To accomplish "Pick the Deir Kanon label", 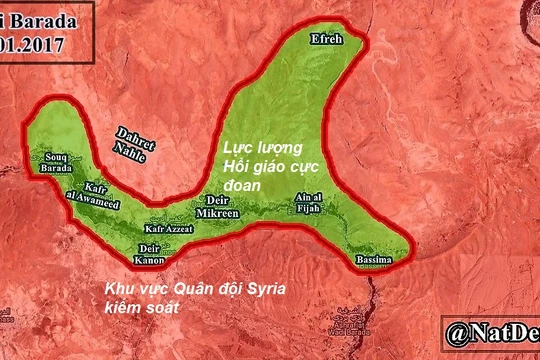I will pos(149,253).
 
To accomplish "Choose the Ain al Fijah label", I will pos(309,203).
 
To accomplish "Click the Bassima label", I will pos(374,262).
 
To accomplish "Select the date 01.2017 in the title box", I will pos(32,43).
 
